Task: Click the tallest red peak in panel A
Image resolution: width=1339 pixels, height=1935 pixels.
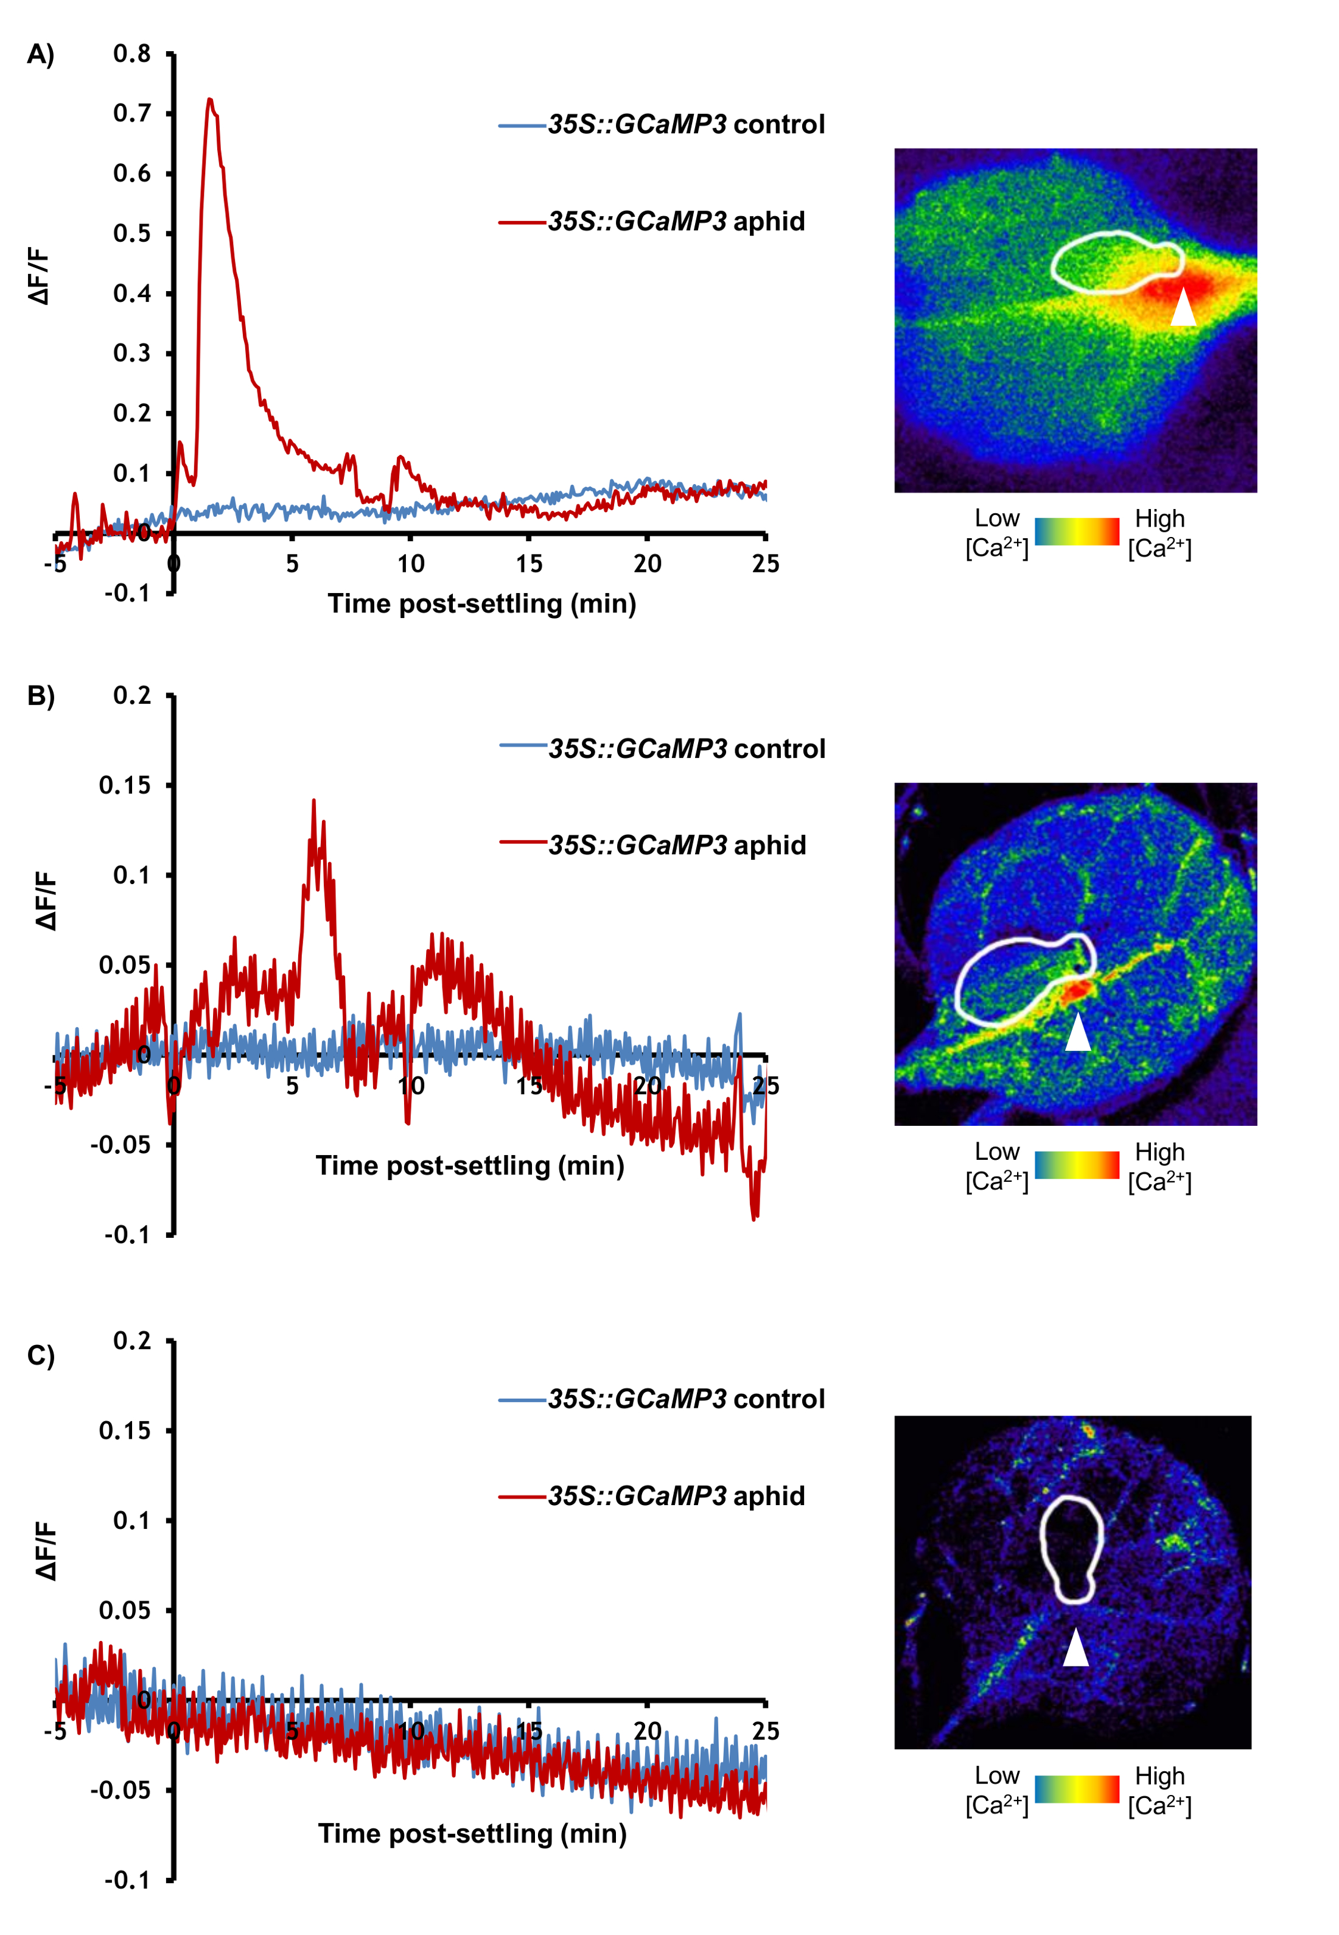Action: [210, 100]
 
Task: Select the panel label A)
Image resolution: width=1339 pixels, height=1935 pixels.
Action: [40, 55]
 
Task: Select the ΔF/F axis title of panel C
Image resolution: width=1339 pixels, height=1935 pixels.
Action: [46, 1551]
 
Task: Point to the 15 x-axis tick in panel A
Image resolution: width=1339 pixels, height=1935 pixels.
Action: [528, 564]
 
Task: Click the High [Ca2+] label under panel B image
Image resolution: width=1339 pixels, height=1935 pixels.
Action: [1159, 1167]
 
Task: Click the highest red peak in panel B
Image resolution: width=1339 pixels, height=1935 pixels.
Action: [314, 801]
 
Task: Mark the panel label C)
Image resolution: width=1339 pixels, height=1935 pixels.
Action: [40, 1355]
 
